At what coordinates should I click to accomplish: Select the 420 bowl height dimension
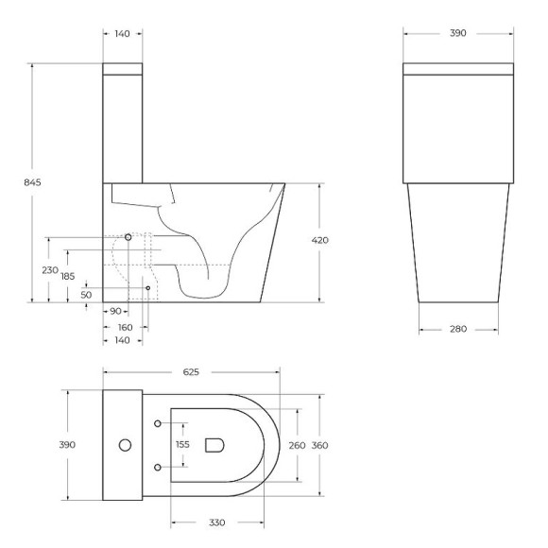tap(319, 240)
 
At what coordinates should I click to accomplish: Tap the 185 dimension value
tap(67, 276)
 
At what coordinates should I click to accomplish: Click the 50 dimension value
tap(86, 294)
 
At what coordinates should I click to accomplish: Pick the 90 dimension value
tap(113, 311)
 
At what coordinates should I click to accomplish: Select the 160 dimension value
tap(123, 327)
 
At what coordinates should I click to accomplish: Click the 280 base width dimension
tap(457, 330)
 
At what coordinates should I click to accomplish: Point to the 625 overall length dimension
tap(190, 372)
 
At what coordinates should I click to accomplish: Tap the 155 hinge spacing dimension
tap(183, 444)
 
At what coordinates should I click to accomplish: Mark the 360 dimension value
tap(320, 444)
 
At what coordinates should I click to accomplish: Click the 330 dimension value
tap(217, 522)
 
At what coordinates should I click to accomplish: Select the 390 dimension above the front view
tap(457, 32)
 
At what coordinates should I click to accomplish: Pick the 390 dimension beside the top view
tap(68, 444)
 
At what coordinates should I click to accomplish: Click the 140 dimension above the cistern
tap(122, 32)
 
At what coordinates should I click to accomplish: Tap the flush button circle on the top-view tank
tap(123, 444)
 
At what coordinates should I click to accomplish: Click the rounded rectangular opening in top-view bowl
tap(214, 444)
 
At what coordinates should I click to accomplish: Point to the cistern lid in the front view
tap(457, 69)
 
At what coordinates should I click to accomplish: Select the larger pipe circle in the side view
tap(128, 236)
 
